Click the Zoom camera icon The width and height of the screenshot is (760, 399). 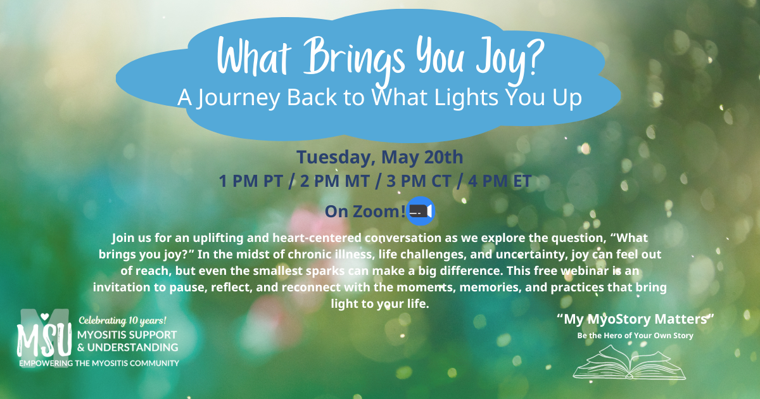[x=421, y=211]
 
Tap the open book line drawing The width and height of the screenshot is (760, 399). [x=630, y=362]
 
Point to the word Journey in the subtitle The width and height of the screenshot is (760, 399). [x=239, y=98]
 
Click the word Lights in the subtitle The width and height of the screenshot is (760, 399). [x=466, y=98]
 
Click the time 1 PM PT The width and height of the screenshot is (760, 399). [x=251, y=181]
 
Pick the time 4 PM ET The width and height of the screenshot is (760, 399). [x=500, y=181]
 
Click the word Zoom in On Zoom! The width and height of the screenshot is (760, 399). [x=377, y=212]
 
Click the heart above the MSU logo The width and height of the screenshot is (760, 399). [x=44, y=316]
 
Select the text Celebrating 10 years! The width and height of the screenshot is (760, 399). [x=122, y=320]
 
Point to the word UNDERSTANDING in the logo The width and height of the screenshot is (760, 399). [x=132, y=348]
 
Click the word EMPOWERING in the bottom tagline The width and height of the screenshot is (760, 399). [x=46, y=364]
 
